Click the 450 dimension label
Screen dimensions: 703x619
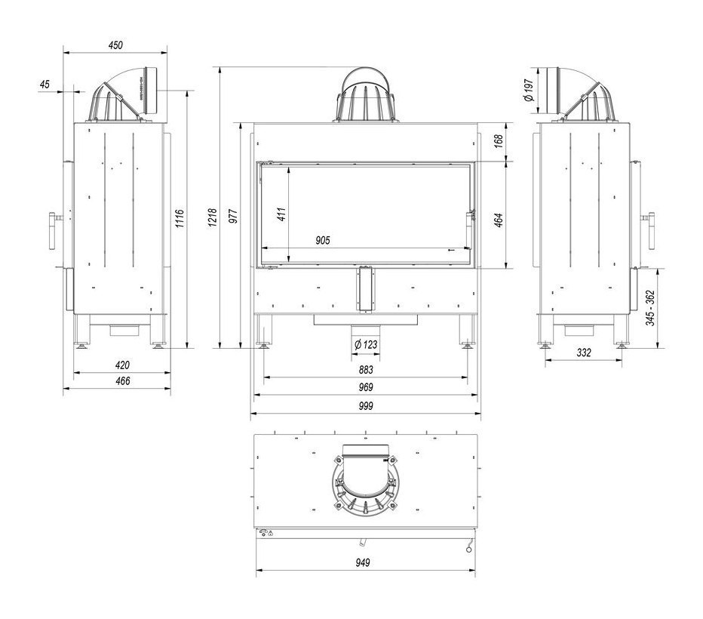click(x=115, y=45)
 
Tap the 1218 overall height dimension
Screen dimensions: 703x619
click(x=213, y=217)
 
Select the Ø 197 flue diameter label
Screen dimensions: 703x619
click(x=529, y=90)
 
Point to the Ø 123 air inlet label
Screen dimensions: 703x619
click(x=366, y=344)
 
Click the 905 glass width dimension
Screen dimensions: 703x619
click(x=322, y=240)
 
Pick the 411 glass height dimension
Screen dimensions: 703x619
click(x=281, y=214)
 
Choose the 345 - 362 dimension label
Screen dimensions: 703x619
click(x=650, y=308)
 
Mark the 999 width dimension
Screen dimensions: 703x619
click(x=366, y=406)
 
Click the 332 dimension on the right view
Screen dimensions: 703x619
click(x=584, y=353)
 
